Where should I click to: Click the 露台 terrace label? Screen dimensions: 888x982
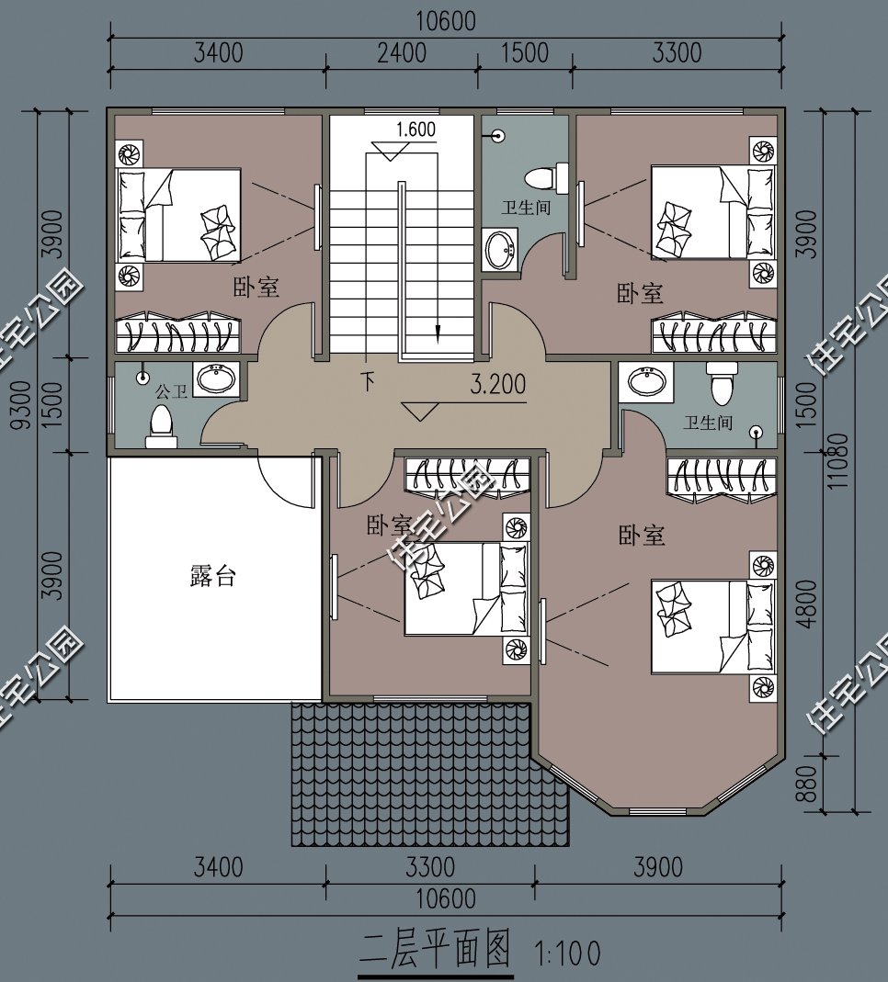(x=212, y=575)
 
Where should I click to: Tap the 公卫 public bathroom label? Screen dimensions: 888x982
(x=171, y=392)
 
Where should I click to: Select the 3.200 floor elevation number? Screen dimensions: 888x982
(x=498, y=384)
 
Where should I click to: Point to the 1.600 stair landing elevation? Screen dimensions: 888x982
(x=416, y=129)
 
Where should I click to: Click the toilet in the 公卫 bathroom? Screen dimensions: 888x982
(x=161, y=426)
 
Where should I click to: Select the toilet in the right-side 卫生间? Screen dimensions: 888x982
(x=722, y=382)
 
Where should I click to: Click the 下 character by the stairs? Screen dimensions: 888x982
(x=368, y=381)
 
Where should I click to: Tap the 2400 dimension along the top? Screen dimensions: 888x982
(x=402, y=52)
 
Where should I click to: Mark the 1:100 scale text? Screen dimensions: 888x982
(x=567, y=954)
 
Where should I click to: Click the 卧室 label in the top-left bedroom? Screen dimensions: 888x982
(x=256, y=288)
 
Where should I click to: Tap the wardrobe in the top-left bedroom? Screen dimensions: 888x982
(x=178, y=333)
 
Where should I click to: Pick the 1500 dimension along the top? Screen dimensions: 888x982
(x=525, y=52)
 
